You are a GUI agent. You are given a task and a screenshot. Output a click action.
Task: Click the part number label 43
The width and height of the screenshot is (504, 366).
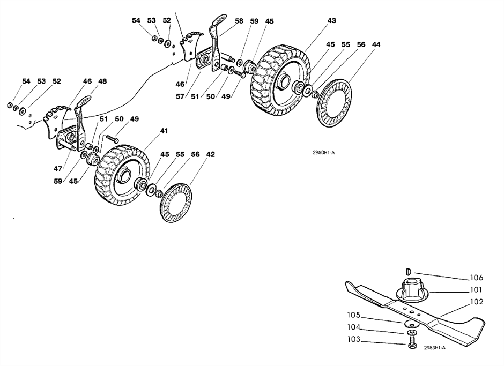click(x=331, y=20)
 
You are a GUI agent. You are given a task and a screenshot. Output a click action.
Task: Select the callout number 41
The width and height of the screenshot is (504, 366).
click(x=164, y=131)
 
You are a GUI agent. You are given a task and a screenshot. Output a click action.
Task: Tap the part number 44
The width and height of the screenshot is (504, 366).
click(x=376, y=44)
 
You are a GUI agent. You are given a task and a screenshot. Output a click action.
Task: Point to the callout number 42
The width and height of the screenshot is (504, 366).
click(x=211, y=154)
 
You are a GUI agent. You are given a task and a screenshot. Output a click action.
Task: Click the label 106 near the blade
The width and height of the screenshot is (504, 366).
click(x=477, y=278)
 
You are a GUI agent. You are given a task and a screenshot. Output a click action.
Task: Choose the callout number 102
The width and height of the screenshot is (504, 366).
click(x=477, y=302)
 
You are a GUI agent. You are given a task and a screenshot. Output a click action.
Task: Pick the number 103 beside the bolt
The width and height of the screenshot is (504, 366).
click(x=354, y=339)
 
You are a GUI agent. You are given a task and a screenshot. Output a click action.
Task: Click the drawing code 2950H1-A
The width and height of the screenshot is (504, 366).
click(x=324, y=153)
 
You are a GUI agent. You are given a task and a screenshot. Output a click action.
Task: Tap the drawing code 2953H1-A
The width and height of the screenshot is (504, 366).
click(x=435, y=348)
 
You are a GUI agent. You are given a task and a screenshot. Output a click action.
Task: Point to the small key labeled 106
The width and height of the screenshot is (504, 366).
click(x=407, y=271)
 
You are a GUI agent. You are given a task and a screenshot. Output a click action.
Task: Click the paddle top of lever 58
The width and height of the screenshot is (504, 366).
click(x=219, y=19)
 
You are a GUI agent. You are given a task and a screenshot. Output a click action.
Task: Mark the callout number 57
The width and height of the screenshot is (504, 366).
click(x=180, y=96)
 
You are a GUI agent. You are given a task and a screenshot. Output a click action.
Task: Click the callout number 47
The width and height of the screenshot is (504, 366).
click(x=58, y=168)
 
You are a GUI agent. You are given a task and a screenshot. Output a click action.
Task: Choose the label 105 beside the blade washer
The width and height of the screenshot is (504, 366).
click(x=354, y=315)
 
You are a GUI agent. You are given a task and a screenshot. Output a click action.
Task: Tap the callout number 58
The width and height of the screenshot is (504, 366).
click(x=239, y=21)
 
